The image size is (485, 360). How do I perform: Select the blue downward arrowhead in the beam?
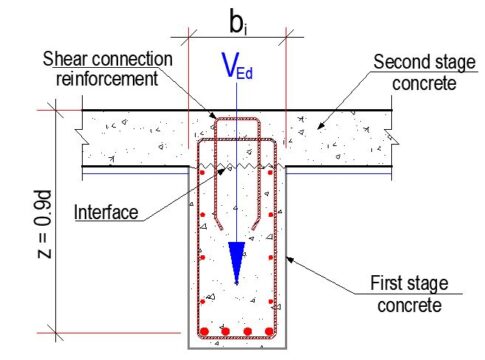[x=236, y=262]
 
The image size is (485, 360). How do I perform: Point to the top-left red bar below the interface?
[x=203, y=172]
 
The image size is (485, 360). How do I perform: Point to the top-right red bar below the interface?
[x=269, y=172]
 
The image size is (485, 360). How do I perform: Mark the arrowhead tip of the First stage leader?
[x=287, y=258]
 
